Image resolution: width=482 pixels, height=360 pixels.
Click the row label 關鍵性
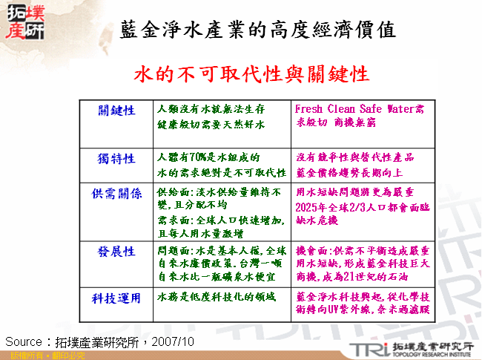(x=116, y=110)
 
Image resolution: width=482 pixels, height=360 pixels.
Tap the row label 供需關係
(x=116, y=194)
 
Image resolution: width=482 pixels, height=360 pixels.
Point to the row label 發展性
(x=116, y=252)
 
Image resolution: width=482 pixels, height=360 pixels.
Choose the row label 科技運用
(x=116, y=298)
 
